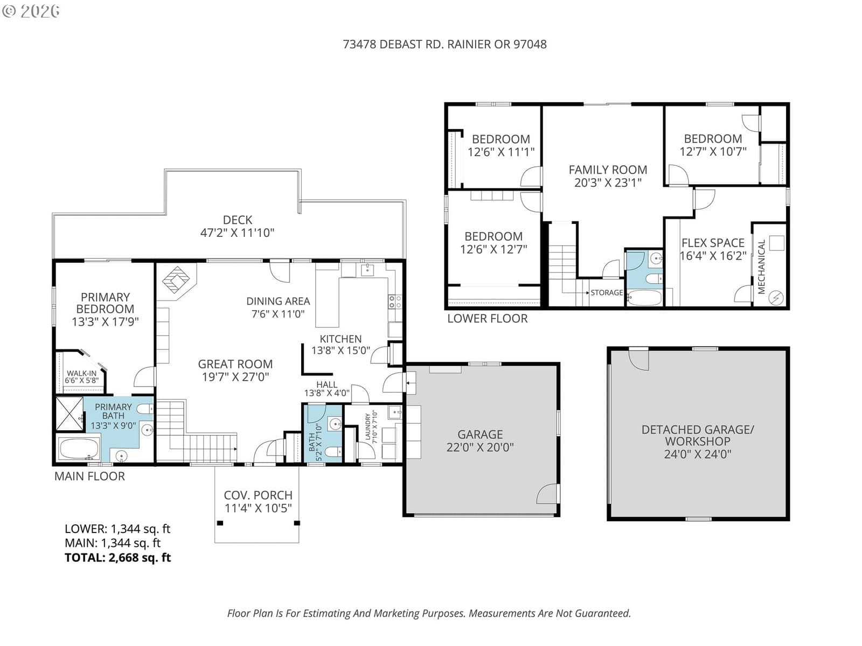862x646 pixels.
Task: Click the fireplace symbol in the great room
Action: pyautogui.click(x=176, y=279)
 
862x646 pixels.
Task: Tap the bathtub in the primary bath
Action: pyautogui.click(x=79, y=448)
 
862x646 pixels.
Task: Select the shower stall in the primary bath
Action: pyautogui.click(x=69, y=414)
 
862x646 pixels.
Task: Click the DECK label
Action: pyautogui.click(x=238, y=220)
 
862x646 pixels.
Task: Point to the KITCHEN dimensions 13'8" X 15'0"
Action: pyautogui.click(x=340, y=350)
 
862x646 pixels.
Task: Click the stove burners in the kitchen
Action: pyautogui.click(x=395, y=301)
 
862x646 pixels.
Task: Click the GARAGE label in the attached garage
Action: pyautogui.click(x=480, y=434)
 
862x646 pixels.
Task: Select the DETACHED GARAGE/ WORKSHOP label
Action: pyautogui.click(x=698, y=436)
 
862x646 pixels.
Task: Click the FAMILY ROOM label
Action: pyautogui.click(x=608, y=170)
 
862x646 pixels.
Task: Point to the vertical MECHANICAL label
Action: pyautogui.click(x=761, y=266)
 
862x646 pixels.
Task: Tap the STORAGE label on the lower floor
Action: pyautogui.click(x=607, y=293)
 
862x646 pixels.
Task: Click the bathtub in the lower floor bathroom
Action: pyautogui.click(x=644, y=298)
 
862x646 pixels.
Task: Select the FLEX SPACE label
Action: pyautogui.click(x=713, y=243)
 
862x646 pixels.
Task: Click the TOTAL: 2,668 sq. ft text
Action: pyautogui.click(x=118, y=557)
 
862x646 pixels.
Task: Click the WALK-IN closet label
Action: pyautogui.click(x=82, y=374)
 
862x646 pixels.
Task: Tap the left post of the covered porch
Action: pyautogui.click(x=220, y=523)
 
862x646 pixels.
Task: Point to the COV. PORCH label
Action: pyautogui.click(x=258, y=495)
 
